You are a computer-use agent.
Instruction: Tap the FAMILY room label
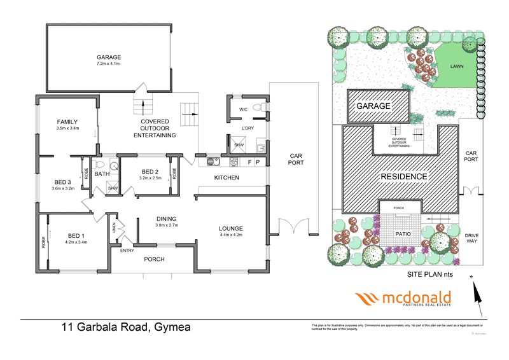point(67,121)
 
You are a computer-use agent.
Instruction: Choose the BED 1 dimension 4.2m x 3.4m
point(75,242)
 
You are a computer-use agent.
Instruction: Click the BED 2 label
point(150,172)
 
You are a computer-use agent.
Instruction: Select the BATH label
point(102,174)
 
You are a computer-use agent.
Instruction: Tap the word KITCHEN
point(226,177)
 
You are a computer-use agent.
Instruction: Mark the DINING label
point(167,219)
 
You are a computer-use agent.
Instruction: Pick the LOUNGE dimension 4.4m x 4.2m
point(231,235)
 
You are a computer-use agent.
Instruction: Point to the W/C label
point(242,109)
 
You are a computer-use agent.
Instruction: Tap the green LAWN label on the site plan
point(456,66)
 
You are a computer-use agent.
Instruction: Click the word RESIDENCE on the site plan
point(404,176)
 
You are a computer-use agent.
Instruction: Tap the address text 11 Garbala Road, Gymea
point(125,328)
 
